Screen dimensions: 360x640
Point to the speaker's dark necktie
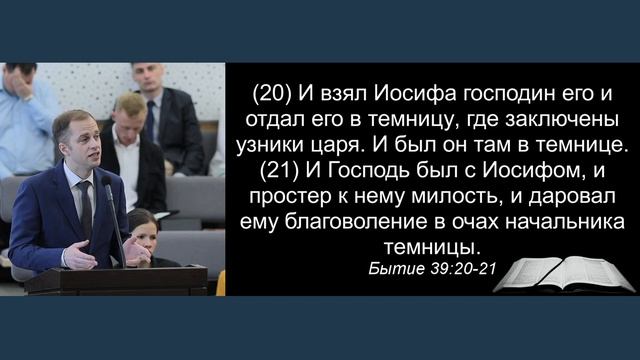(x=87, y=205)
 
